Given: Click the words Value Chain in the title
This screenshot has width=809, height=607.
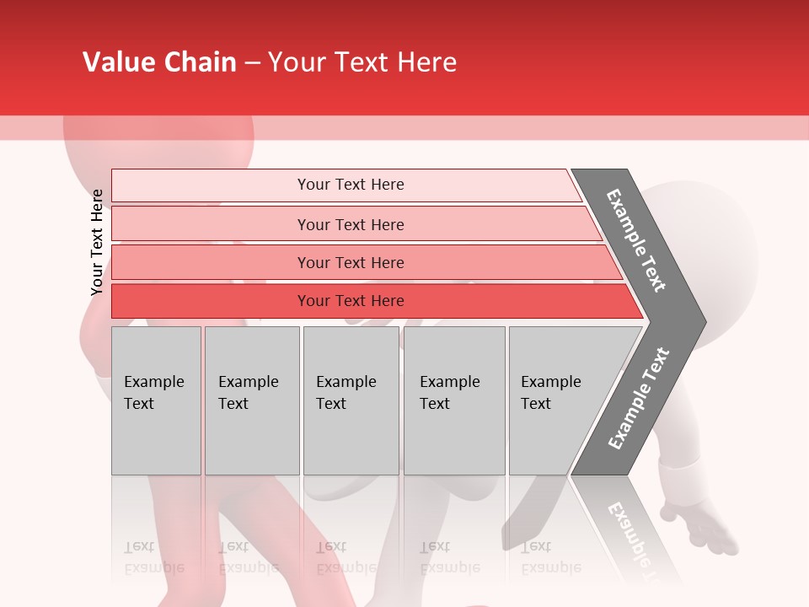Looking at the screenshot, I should tap(159, 62).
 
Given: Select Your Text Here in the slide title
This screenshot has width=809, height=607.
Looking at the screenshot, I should tap(362, 62).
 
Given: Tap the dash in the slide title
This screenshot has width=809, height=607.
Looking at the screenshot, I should tap(252, 63).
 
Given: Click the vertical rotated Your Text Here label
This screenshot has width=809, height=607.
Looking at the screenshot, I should tap(97, 242).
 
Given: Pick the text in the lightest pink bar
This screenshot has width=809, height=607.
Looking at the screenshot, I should tap(351, 185).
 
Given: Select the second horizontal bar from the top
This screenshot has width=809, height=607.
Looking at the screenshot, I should tap(351, 224).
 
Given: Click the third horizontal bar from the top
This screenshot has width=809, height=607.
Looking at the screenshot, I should tap(351, 262).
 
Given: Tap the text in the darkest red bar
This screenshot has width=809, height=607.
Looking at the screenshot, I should tap(351, 301).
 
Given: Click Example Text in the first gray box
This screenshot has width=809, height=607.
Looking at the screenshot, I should tap(153, 392).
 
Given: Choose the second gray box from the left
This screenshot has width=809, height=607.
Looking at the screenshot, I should tap(251, 400).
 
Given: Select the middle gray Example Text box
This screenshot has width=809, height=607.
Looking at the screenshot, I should tap(350, 400).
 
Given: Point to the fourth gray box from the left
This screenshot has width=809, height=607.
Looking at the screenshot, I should tap(453, 400).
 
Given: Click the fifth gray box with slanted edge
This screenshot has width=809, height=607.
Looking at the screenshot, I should tap(556, 400).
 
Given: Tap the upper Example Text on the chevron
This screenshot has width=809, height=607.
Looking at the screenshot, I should tap(636, 240).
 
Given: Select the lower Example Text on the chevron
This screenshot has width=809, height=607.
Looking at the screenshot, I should tap(638, 398).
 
